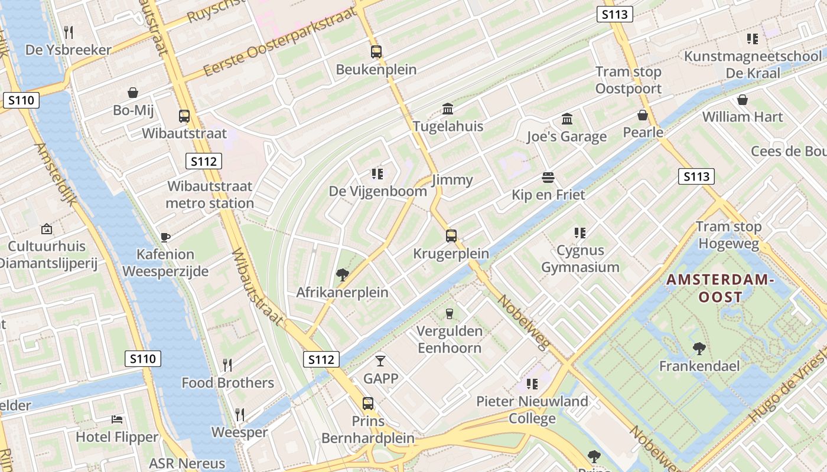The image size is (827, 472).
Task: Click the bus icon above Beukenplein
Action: (376, 52)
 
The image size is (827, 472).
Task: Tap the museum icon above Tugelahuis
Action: (448, 109)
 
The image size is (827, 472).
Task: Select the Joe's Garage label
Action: (566, 137)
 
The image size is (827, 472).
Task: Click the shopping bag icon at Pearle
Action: (643, 115)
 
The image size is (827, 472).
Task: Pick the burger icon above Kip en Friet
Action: (548, 178)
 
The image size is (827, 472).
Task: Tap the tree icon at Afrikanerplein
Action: (342, 274)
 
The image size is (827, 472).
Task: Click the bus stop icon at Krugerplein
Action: (451, 236)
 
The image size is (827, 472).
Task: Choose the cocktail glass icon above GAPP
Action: (380, 360)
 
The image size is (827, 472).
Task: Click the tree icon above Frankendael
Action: (699, 349)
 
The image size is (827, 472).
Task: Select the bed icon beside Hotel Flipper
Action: (118, 419)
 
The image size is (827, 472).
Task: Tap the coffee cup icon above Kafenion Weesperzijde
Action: (165, 237)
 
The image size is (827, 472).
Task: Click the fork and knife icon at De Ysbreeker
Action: (69, 32)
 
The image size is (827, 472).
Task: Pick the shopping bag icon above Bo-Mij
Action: (133, 93)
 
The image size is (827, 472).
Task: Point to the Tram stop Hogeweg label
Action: (728, 235)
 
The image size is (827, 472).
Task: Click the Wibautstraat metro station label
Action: (210, 195)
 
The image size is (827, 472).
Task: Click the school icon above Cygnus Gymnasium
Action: (579, 233)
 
